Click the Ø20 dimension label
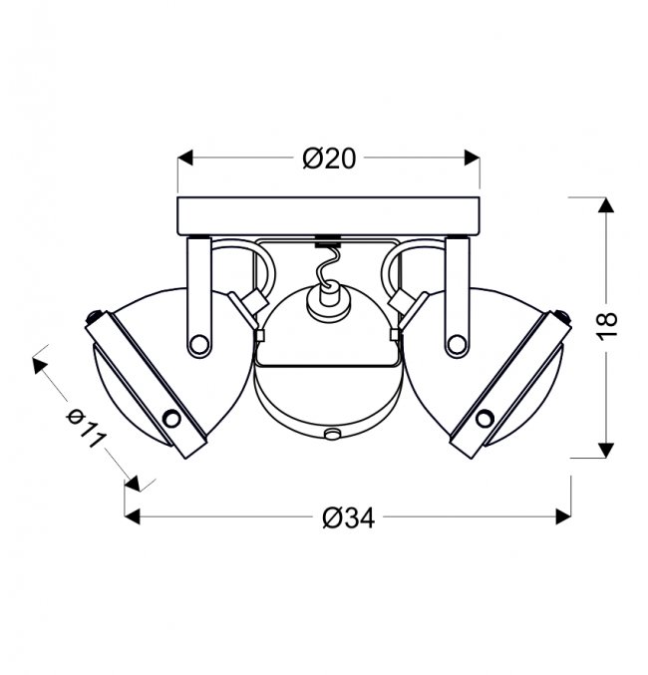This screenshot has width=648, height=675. (x=329, y=158)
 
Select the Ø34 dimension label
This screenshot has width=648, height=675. (x=349, y=517)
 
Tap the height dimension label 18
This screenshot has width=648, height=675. (x=607, y=326)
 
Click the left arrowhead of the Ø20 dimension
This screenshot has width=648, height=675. (x=185, y=158)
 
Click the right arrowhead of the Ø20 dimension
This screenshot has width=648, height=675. (x=473, y=158)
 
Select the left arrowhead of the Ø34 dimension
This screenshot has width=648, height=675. (x=133, y=516)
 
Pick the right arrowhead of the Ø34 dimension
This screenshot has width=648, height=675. (x=563, y=516)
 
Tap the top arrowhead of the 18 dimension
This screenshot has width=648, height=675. (x=606, y=205)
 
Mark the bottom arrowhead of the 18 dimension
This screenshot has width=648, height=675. (x=606, y=450)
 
